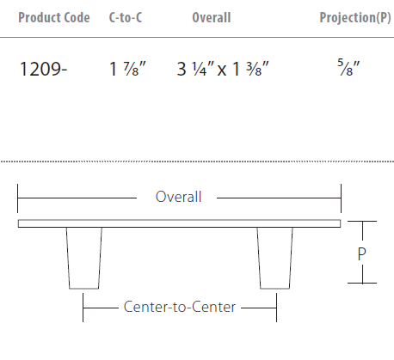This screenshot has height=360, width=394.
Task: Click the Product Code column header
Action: (x=53, y=18)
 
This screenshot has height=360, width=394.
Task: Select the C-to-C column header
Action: (x=126, y=18)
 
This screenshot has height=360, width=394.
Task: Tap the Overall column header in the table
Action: (x=212, y=18)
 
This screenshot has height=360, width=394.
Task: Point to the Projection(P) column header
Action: (x=354, y=18)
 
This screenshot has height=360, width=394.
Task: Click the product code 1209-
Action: (x=42, y=70)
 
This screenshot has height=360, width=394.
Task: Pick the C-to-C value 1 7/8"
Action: (x=125, y=70)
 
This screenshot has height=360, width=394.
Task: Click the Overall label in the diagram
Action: (x=178, y=197)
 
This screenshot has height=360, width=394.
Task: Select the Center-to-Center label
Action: (x=179, y=306)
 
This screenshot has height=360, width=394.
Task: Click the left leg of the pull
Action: (x=83, y=257)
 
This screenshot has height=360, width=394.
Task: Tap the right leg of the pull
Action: (x=275, y=257)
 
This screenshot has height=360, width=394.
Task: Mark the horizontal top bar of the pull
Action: (x=179, y=223)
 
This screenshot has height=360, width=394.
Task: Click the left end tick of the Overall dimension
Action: (x=18, y=197)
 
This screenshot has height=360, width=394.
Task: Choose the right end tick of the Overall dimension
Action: (x=341, y=197)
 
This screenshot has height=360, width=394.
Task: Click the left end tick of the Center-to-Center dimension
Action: (x=83, y=307)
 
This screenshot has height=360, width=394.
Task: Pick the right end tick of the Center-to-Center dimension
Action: (x=276, y=307)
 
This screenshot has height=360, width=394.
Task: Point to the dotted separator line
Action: (x=197, y=162)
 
